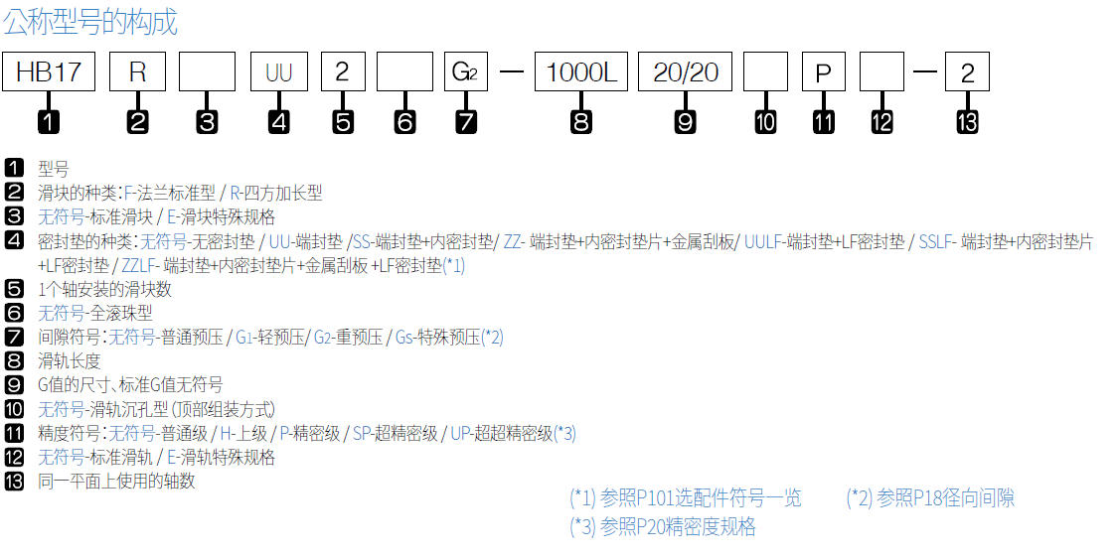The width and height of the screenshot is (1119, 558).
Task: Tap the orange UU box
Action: [278, 72]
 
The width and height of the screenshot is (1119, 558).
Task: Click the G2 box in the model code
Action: [466, 72]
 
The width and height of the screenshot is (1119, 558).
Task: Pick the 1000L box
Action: [581, 72]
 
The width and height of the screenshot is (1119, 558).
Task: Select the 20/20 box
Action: [685, 72]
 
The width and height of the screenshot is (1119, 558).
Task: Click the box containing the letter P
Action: [823, 72]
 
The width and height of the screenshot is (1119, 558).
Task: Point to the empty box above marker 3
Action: [207, 72]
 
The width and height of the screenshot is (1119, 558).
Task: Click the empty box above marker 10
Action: [765, 72]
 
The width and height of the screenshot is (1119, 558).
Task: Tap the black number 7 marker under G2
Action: [466, 122]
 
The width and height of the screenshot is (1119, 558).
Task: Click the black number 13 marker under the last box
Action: [967, 122]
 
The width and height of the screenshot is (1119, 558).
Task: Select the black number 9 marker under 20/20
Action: [685, 122]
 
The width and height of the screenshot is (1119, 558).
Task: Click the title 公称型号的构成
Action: [90, 22]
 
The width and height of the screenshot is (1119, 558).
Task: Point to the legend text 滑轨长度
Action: [69, 361]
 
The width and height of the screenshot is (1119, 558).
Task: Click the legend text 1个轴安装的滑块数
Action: [104, 290]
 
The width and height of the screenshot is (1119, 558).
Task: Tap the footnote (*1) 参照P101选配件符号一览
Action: [686, 497]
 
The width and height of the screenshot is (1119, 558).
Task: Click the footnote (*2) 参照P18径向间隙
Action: [930, 497]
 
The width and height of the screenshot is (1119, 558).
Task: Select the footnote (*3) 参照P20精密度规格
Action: [663, 527]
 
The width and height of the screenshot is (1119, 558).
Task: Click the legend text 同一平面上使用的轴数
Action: [116, 482]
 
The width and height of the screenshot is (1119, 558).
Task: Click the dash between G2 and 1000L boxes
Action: [511, 72]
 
